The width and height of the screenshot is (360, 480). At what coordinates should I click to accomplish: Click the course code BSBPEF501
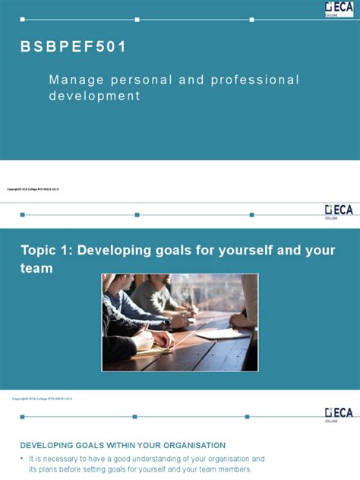coord(74,47)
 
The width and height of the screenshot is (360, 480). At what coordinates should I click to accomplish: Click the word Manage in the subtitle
coord(71,80)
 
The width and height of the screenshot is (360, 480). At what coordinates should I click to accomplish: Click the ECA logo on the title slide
coord(339,8)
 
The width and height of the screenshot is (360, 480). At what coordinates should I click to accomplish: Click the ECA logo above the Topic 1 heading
coord(339,210)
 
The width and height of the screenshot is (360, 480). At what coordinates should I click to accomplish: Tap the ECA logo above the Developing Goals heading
coord(339,413)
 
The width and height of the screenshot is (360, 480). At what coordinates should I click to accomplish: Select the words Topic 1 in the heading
coord(45,251)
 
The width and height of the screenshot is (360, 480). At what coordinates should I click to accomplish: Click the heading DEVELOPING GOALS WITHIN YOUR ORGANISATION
coord(122,445)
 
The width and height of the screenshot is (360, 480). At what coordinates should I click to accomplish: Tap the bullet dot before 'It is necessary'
coord(21,459)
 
